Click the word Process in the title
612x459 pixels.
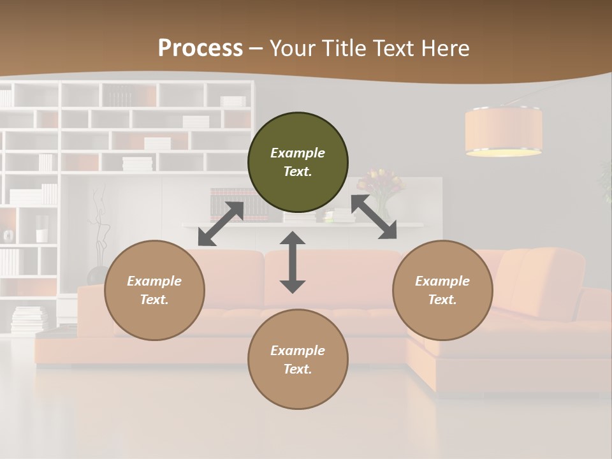click(x=200, y=48)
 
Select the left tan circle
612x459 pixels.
click(x=154, y=290)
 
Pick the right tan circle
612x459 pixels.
click(x=442, y=290)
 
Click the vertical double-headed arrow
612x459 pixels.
click(x=293, y=263)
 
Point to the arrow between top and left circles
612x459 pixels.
click(x=221, y=224)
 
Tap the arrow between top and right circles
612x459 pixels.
click(x=374, y=217)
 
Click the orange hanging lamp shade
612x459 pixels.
click(x=504, y=131)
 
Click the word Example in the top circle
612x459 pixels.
click(x=298, y=153)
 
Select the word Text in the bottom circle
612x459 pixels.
click(x=296, y=369)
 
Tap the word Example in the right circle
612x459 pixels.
click(x=442, y=281)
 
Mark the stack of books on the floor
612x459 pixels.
click(x=29, y=319)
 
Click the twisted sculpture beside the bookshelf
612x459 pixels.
click(x=98, y=229)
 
